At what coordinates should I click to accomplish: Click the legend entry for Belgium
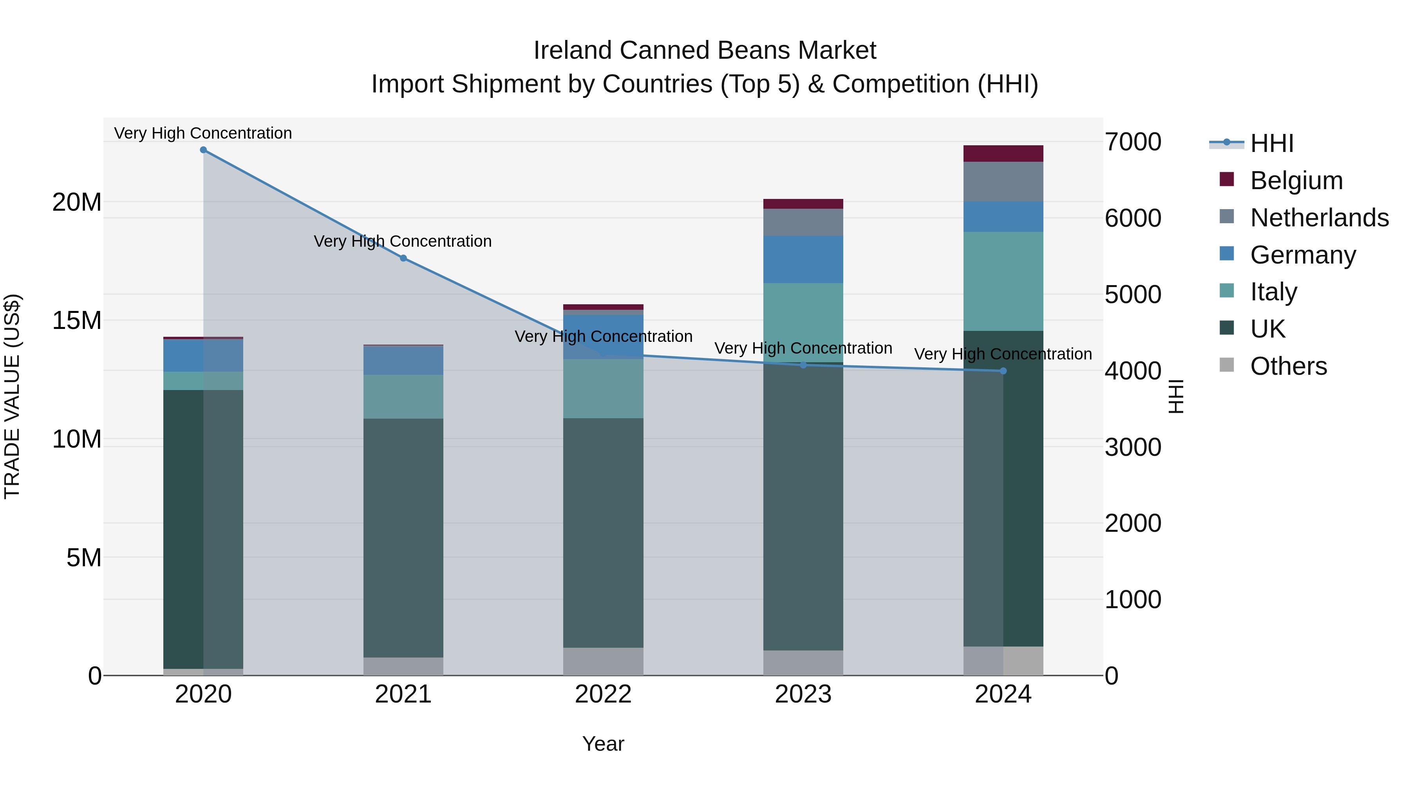click(x=1296, y=181)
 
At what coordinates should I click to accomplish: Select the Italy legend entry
click(x=1273, y=292)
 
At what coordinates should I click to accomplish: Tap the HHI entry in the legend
click(x=1271, y=143)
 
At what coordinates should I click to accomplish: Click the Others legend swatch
click(x=1227, y=365)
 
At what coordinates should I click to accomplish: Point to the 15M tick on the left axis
click(x=77, y=320)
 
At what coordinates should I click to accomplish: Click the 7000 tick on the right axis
click(x=1132, y=142)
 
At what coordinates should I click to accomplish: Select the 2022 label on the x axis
click(x=603, y=694)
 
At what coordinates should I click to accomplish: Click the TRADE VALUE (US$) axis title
click(x=12, y=396)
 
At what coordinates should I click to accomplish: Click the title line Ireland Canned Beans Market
click(x=705, y=51)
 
